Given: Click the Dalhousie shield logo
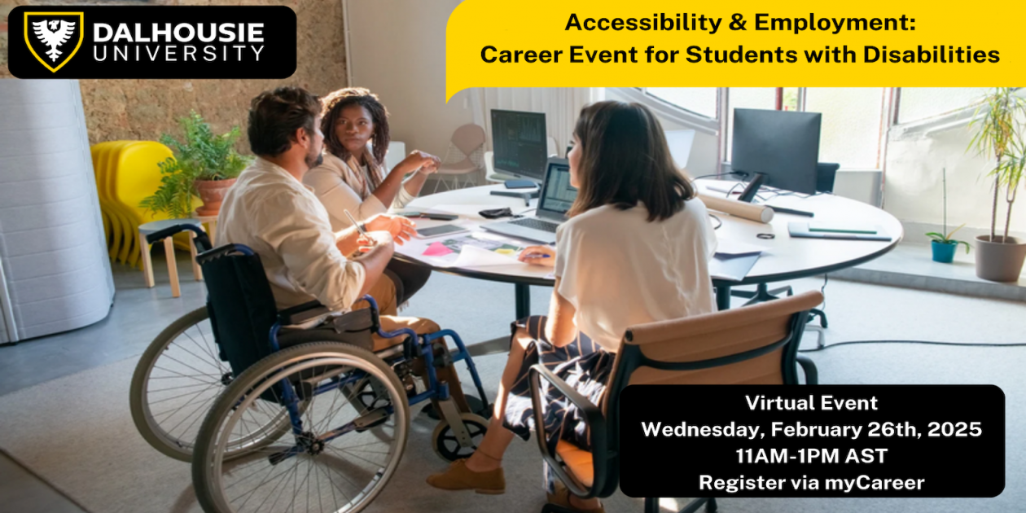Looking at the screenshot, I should click(53, 42).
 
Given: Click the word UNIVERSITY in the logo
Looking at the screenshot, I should click(178, 55).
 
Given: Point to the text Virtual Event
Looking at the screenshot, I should click(811, 403).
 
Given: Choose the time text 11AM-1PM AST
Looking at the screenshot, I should click(811, 456).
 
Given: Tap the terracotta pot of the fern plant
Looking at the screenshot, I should click(214, 195).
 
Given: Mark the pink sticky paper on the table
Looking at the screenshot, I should click(437, 249).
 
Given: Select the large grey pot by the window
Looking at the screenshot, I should click(1000, 257).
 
